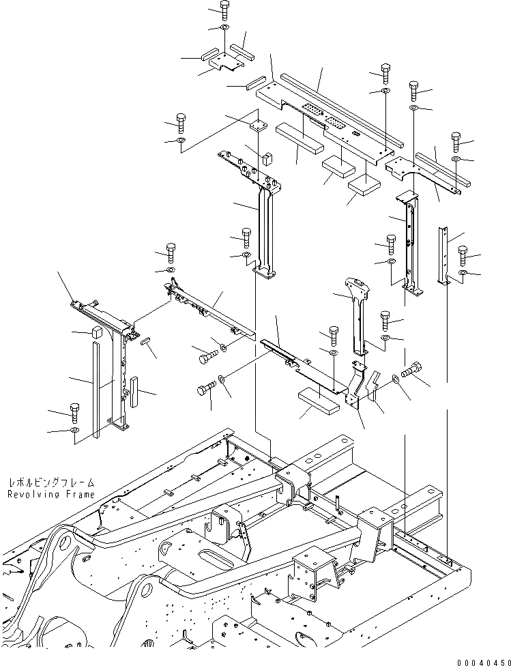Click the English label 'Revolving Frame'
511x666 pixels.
coord(52,494)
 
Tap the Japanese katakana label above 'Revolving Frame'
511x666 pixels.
coord(52,482)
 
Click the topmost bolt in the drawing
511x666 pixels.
coord(224,9)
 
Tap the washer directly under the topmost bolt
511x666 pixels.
coord(224,27)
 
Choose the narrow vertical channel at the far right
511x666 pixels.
coord(443,256)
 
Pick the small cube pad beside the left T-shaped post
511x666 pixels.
coord(96,332)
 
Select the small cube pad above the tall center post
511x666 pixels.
coord(267,158)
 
